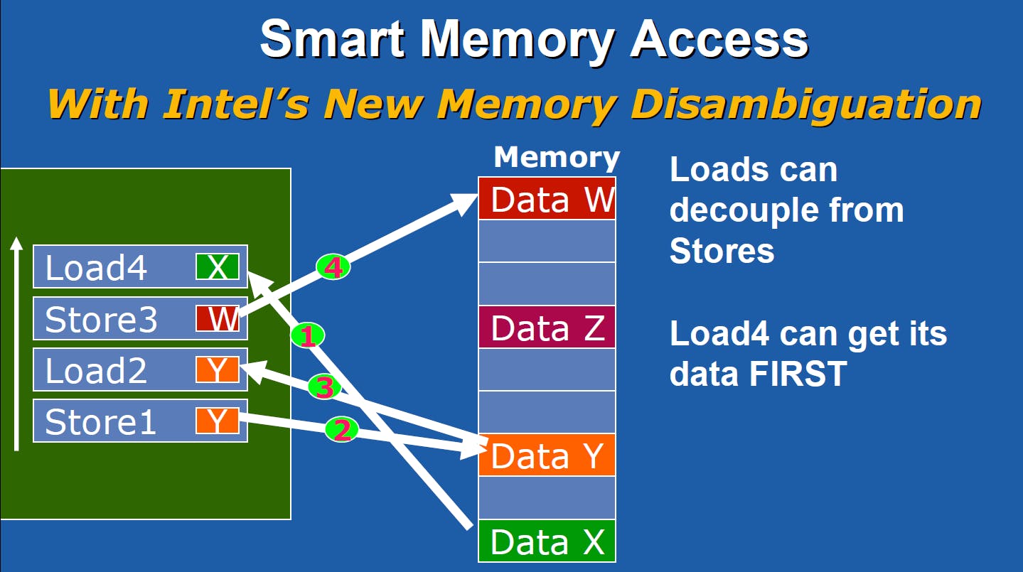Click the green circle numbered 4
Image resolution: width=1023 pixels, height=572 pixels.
333,267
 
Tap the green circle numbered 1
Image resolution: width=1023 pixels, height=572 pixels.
307,335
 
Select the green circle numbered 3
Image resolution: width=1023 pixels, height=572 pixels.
323,387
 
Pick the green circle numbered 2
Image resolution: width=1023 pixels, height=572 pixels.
342,429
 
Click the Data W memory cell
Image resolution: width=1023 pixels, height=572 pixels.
547,199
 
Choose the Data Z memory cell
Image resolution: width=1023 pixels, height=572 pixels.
547,328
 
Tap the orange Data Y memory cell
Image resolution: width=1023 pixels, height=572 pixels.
547,455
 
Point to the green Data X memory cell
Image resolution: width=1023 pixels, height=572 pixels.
547,541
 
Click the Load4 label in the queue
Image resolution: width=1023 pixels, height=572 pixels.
97,268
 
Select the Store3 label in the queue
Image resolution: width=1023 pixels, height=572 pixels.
100,320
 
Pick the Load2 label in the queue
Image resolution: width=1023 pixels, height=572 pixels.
97,371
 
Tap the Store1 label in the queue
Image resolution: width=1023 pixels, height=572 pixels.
100,422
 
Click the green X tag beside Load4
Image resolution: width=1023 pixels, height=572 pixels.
218,267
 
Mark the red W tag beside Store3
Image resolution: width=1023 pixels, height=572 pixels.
218,319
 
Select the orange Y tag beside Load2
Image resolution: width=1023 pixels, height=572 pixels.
218,370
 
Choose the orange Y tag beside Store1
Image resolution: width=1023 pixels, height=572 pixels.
218,421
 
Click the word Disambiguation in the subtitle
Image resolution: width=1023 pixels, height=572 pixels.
806,104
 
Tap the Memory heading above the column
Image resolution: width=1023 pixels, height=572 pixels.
557,157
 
